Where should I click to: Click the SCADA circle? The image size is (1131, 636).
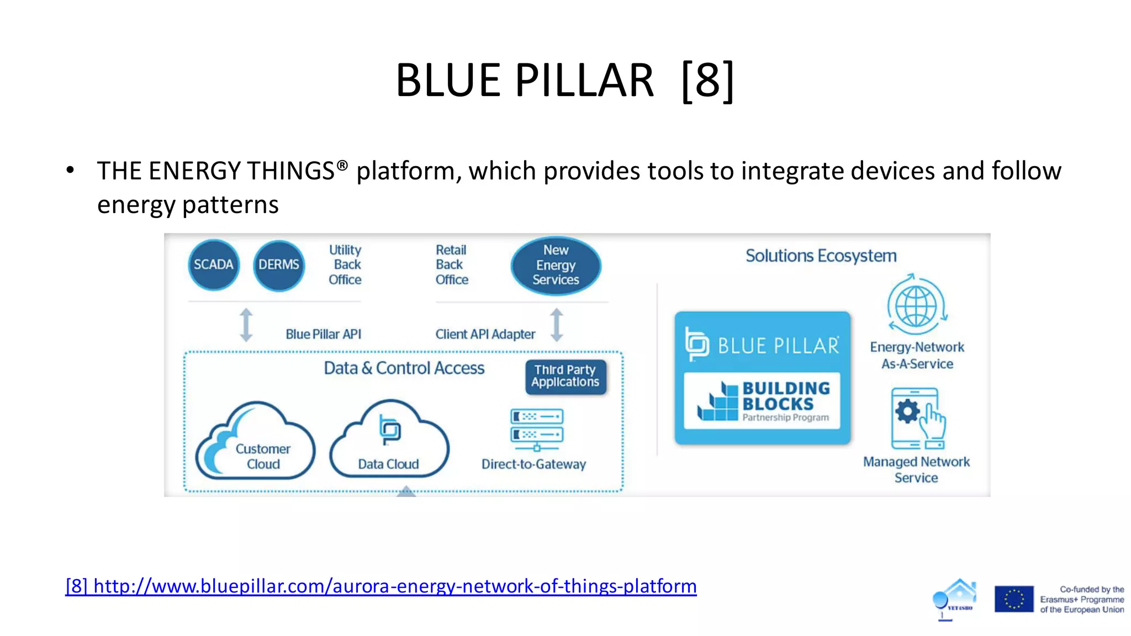[213, 265]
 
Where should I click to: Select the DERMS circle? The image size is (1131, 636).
[279, 265]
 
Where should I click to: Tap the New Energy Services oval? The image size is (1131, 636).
[556, 265]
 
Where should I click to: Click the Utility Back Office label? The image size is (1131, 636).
[345, 265]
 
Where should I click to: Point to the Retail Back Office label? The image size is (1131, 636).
[451, 265]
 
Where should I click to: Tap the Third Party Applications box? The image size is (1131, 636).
[565, 377]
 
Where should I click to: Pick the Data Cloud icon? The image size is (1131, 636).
[389, 439]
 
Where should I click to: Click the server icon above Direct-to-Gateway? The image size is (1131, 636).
[537, 429]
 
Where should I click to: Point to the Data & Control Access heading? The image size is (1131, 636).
[404, 368]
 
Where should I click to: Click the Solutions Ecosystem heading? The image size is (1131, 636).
[821, 256]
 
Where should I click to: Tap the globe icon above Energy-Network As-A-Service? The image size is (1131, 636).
[917, 305]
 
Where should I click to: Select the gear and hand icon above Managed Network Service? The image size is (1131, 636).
[917, 418]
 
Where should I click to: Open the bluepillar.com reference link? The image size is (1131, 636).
[381, 586]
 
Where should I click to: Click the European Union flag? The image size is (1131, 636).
[1014, 599]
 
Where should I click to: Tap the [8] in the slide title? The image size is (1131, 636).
[707, 81]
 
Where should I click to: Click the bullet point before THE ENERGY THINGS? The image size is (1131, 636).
[70, 171]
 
